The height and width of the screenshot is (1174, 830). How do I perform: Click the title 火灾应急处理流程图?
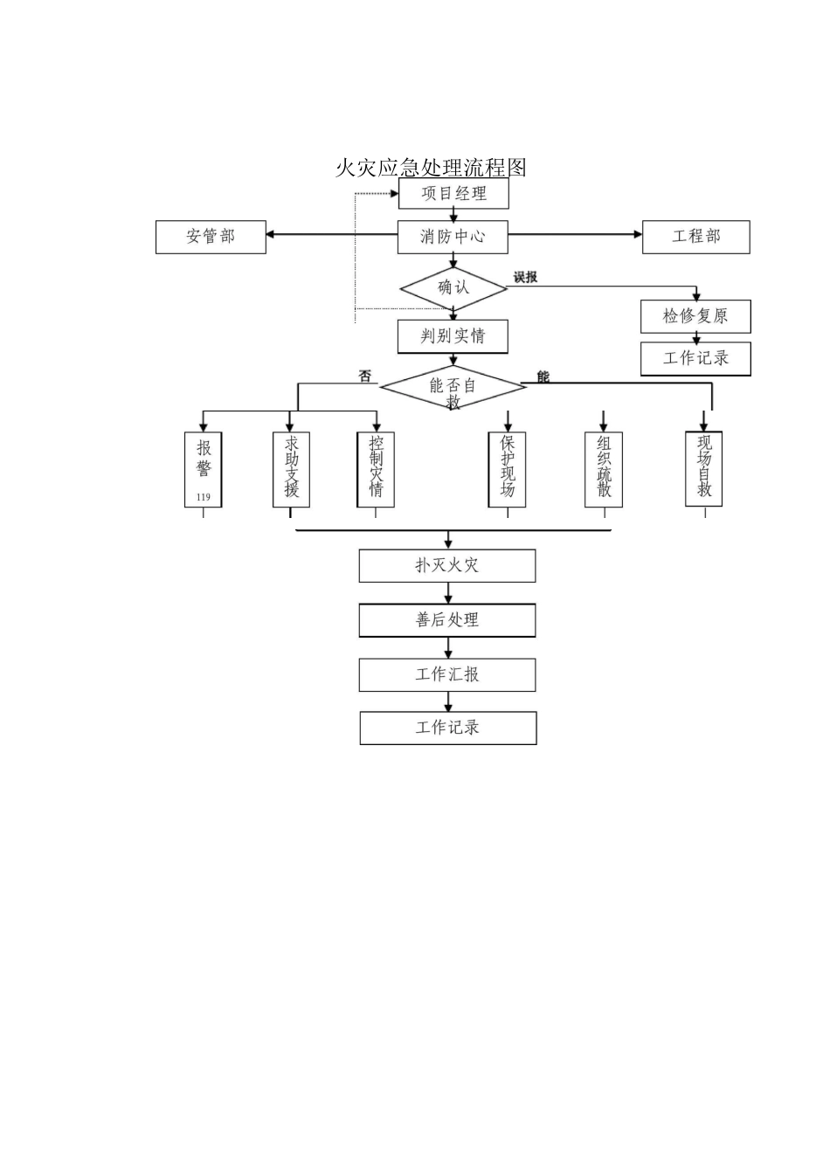tap(431, 167)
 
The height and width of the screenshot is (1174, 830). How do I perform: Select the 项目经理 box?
tap(453, 194)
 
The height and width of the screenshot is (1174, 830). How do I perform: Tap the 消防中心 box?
tap(453, 237)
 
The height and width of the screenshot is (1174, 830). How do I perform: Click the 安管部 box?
tap(211, 237)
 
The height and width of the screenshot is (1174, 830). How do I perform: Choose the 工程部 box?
tap(695, 237)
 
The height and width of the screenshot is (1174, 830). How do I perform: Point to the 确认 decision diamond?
tap(453, 287)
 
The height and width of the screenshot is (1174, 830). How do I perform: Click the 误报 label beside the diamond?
tap(525, 278)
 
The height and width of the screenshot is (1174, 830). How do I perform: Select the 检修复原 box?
tap(695, 316)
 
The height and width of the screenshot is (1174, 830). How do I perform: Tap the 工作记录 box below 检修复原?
tap(695, 358)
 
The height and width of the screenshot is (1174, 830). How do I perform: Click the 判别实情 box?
tap(453, 336)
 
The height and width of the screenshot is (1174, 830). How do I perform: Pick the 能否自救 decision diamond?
tap(453, 387)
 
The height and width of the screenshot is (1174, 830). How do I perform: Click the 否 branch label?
tap(365, 376)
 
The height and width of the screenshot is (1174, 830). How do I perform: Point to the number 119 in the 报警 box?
tap(204, 497)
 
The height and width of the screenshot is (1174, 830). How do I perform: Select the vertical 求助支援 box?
tap(291, 469)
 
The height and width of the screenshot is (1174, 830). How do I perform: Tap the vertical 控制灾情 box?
tap(376, 469)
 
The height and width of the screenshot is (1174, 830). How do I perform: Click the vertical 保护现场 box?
tap(508, 469)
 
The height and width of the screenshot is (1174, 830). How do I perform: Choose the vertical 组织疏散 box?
tap(604, 469)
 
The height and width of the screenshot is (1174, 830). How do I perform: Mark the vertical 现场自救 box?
tap(704, 468)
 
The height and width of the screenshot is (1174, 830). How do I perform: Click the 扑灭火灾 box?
tap(447, 566)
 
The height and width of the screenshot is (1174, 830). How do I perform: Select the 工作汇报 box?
tap(447, 675)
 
